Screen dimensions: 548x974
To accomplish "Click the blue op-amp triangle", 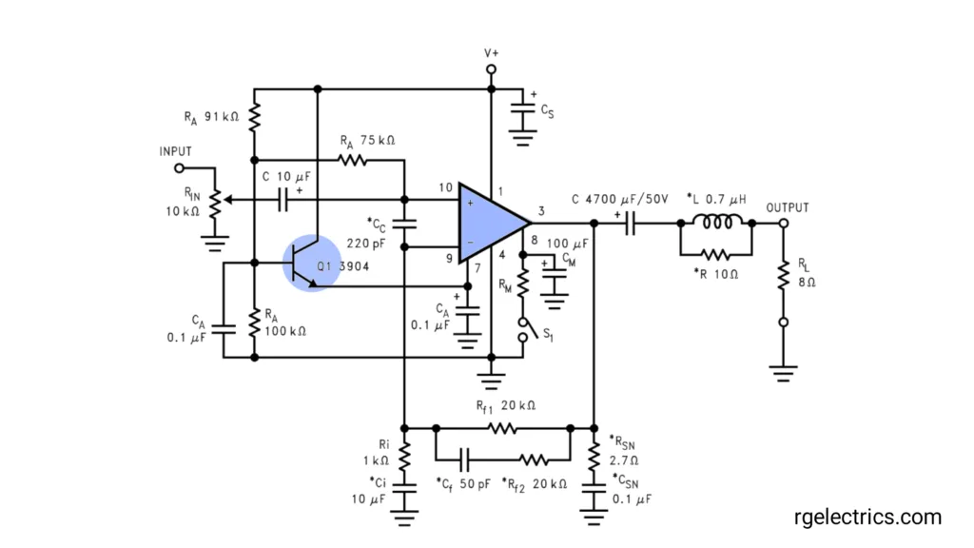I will pyautogui.click(x=487, y=222).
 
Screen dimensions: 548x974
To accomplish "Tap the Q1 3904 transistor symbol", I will pyautogui.click(x=312, y=263).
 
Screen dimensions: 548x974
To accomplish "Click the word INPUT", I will pyautogui.click(x=176, y=151).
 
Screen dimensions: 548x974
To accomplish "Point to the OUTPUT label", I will pyautogui.click(x=788, y=207).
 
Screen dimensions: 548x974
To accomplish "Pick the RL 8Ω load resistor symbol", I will pyautogui.click(x=783, y=275).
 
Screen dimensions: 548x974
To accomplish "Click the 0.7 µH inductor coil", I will pyautogui.click(x=715, y=224).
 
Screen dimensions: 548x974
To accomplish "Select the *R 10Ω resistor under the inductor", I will pyautogui.click(x=715, y=255).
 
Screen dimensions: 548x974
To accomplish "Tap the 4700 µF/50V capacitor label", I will pyautogui.click(x=619, y=199).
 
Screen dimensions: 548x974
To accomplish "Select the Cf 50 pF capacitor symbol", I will pyautogui.click(x=465, y=459).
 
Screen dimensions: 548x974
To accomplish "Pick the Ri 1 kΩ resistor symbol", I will pyautogui.click(x=404, y=459).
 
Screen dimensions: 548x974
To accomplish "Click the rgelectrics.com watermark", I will pyautogui.click(x=867, y=518).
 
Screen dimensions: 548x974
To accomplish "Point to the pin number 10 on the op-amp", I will pyautogui.click(x=444, y=187).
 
